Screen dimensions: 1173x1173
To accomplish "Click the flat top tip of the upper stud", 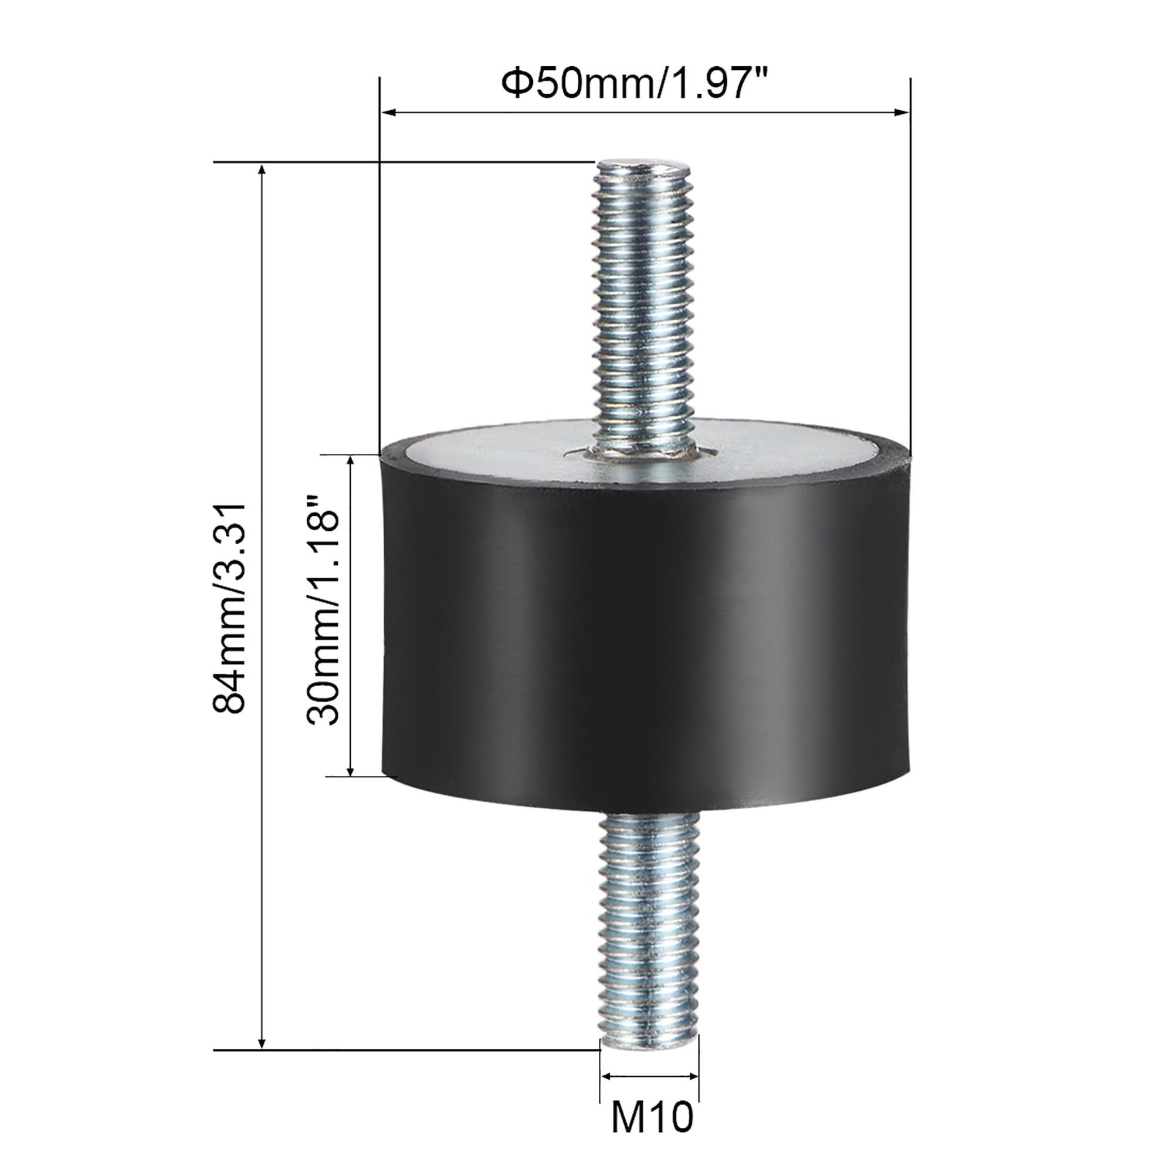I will (644, 164).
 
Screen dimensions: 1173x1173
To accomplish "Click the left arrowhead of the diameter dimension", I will (387, 113).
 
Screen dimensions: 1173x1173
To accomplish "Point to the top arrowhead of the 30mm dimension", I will (350, 462).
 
